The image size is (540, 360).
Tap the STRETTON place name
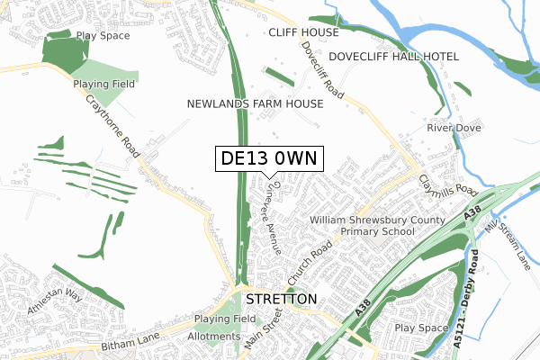[x=282, y=299]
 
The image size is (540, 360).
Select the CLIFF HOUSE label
[x=303, y=32]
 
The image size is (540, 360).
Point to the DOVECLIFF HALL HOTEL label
[x=393, y=57]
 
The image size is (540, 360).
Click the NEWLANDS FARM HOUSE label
[x=255, y=104]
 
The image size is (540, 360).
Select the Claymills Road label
[x=447, y=178]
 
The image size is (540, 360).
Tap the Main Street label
[x=265, y=328]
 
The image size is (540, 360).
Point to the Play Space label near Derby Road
[x=420, y=328]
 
